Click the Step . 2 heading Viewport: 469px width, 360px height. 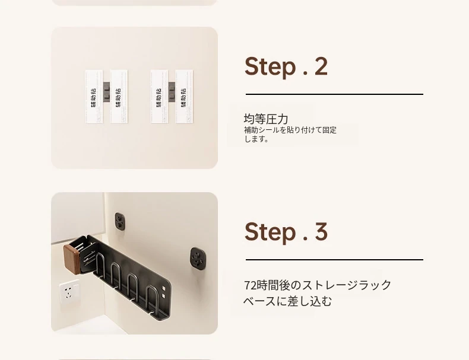click(286, 66)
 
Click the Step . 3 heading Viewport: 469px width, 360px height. click(286, 232)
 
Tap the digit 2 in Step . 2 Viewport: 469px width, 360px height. click(321, 66)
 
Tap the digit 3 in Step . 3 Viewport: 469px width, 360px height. click(321, 231)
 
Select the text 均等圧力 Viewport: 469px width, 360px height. click(266, 119)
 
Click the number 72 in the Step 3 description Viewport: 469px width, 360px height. click(250, 285)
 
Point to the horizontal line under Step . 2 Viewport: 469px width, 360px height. click(334, 94)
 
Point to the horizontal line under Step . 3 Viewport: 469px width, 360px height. click(334, 260)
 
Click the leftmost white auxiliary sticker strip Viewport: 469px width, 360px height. click(94, 97)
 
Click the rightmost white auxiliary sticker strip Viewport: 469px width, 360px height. click(184, 97)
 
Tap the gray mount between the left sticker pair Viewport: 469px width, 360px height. click(106, 91)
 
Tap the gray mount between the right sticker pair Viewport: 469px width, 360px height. click(172, 91)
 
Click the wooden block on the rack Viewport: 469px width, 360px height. click(72, 259)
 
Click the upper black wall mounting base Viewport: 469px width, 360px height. click(120, 222)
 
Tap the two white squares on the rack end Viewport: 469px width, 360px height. click(163, 292)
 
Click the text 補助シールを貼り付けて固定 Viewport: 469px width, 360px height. click(290, 130)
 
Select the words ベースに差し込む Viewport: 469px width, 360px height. click(287, 301)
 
